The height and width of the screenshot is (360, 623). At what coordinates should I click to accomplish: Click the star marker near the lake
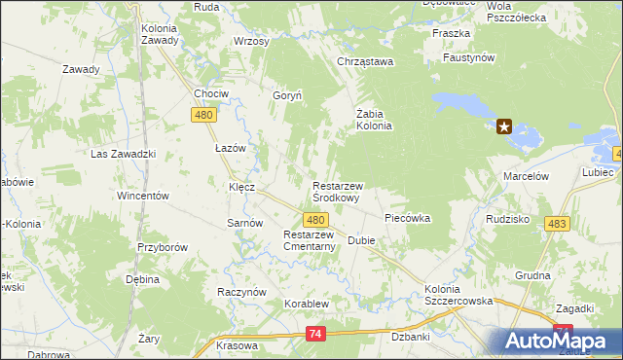click(x=504, y=126)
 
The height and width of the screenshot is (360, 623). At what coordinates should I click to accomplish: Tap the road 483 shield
click(x=557, y=225)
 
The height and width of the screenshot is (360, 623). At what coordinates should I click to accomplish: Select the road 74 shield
click(x=313, y=334)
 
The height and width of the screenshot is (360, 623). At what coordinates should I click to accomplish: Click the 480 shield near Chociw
click(x=203, y=116)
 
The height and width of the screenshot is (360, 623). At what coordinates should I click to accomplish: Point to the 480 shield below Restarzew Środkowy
click(x=313, y=220)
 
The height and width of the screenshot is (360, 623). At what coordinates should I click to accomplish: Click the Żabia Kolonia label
click(x=373, y=119)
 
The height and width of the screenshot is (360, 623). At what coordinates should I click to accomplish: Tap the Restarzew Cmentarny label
click(x=310, y=240)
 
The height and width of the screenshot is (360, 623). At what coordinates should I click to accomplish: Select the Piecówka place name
click(x=408, y=219)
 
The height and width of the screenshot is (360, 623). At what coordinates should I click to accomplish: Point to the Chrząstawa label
click(x=364, y=62)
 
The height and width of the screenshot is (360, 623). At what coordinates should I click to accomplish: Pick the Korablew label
click(x=307, y=304)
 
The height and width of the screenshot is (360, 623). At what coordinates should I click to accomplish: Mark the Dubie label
click(x=361, y=240)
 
